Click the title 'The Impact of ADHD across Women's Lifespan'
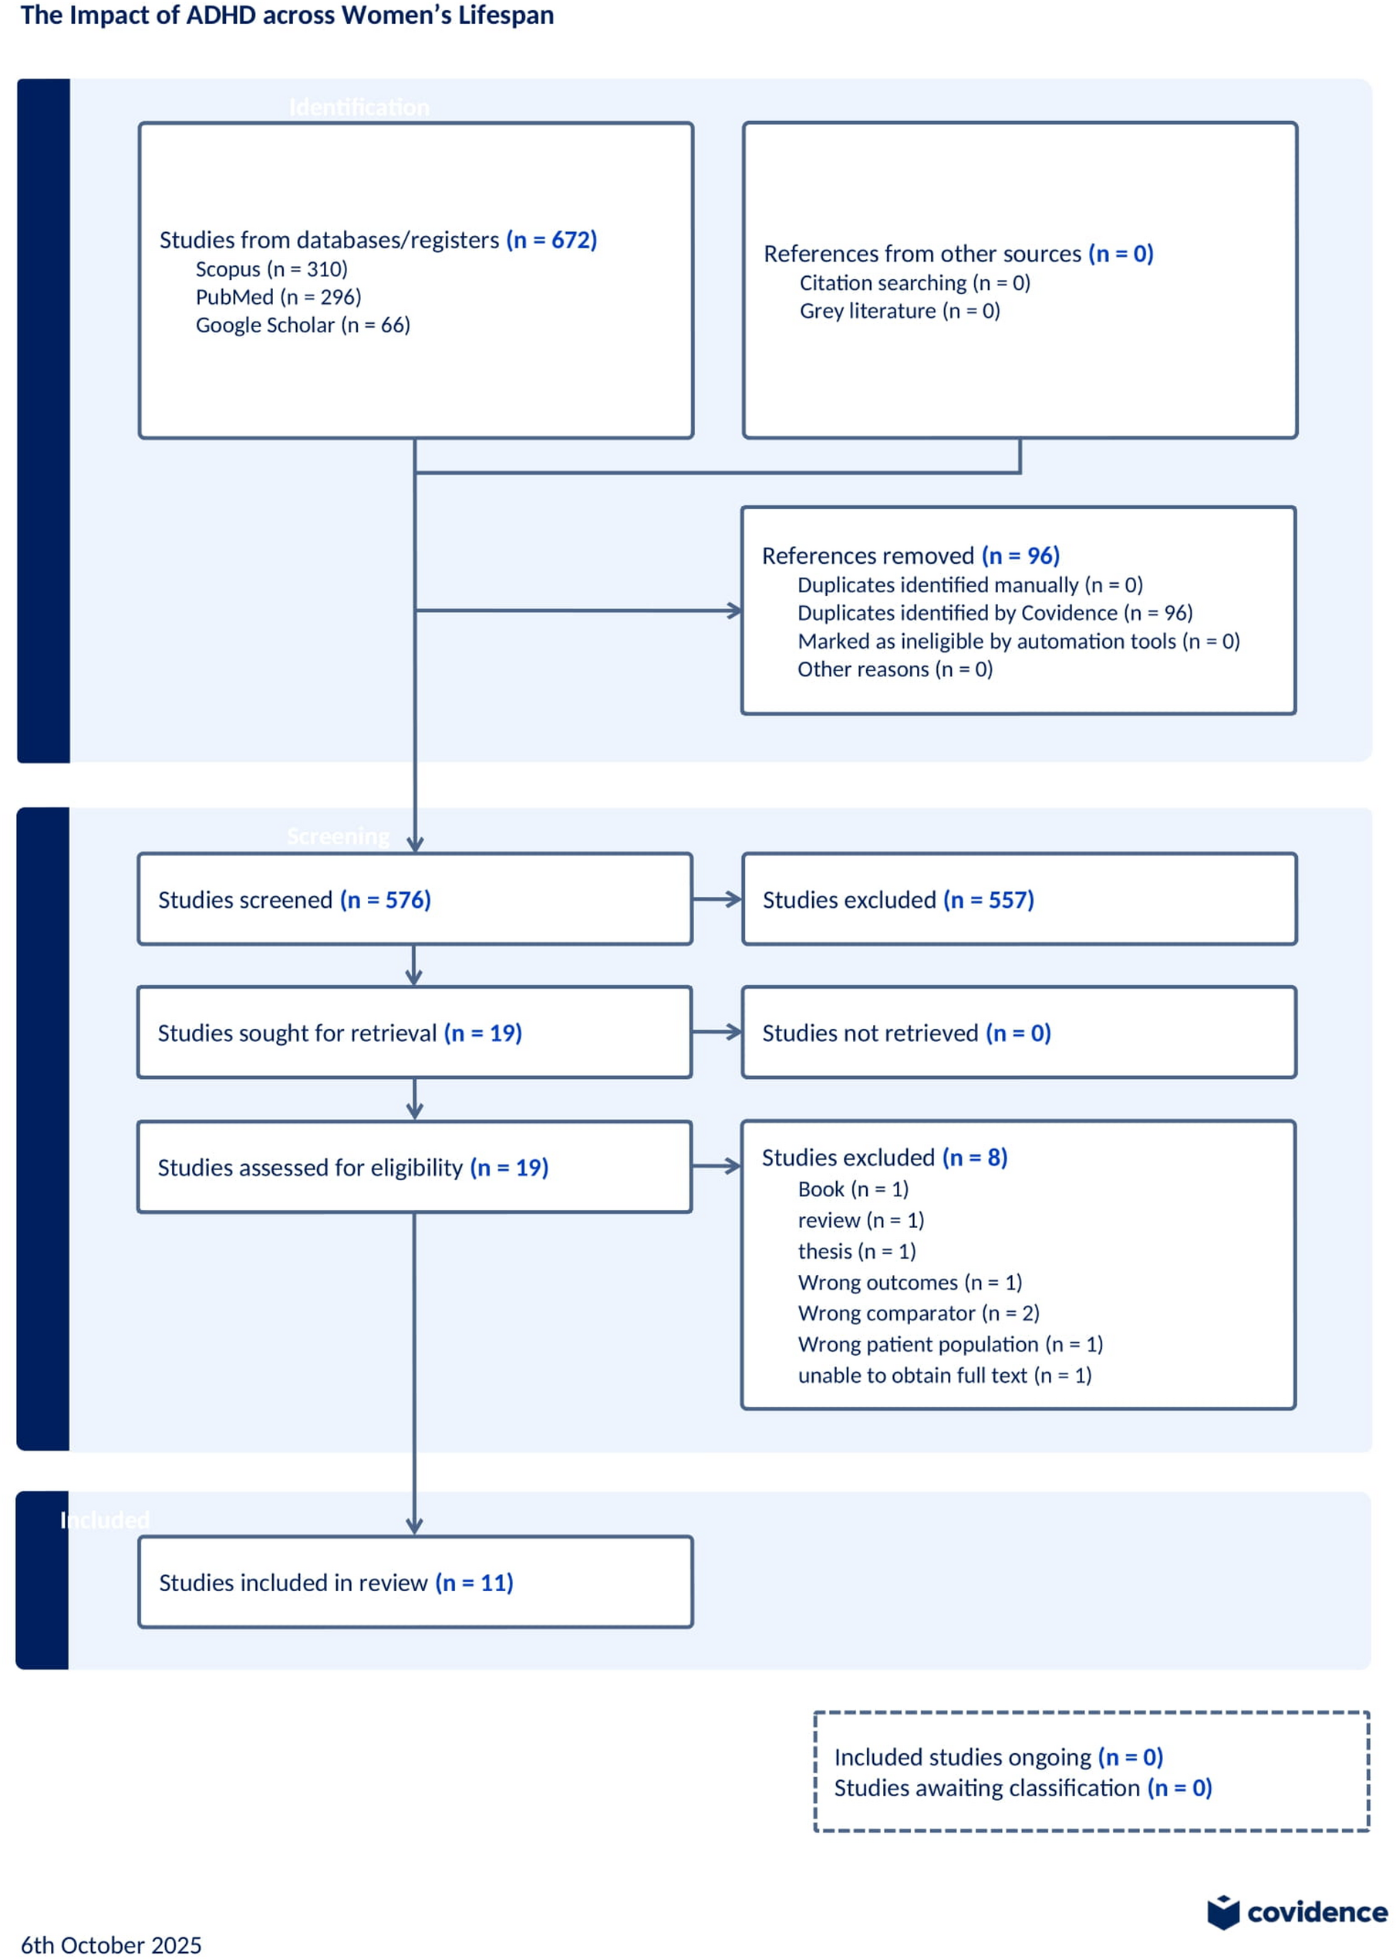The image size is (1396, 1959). [x=287, y=15]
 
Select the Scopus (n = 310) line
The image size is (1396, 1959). [x=271, y=269]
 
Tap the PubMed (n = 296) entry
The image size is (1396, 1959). [x=278, y=297]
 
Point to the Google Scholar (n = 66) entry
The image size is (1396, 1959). [x=302, y=325]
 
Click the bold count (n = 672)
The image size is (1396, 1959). [x=551, y=240]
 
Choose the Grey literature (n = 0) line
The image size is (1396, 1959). [x=899, y=310]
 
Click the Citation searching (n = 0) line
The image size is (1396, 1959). [x=915, y=283]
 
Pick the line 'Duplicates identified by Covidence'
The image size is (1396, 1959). [x=995, y=612]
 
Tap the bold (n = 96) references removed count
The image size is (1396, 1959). [x=1020, y=555]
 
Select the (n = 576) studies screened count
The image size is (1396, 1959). [x=385, y=899]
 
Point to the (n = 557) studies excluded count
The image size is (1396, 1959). [x=989, y=899]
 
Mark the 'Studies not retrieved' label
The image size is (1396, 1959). [x=870, y=1033]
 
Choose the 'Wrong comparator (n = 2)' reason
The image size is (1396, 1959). [x=918, y=1313]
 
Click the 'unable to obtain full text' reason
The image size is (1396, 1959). [x=944, y=1374]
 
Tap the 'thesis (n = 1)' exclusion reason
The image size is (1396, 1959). [x=856, y=1251]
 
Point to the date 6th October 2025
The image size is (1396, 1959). [x=111, y=1944]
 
